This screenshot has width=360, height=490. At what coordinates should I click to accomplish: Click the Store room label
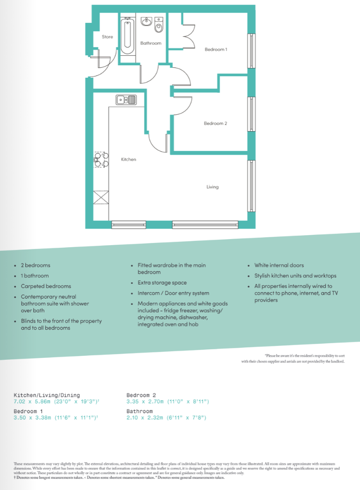coord(107,37)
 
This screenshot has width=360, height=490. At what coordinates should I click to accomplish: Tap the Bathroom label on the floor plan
coord(151,43)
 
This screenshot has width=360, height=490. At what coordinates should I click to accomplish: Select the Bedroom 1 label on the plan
coord(216,50)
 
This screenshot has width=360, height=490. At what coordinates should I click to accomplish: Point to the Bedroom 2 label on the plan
coord(216,124)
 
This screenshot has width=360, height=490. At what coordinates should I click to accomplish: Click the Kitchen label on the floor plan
coord(128,159)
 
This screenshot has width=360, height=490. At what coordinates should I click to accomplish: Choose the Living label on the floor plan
coord(212,187)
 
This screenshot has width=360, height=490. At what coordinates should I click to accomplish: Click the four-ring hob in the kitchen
coord(100,160)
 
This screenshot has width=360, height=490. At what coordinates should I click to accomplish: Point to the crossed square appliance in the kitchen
coord(101,197)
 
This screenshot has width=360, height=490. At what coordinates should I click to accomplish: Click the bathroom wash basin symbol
coord(147,22)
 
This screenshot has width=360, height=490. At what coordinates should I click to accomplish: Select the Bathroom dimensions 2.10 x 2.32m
coord(166,417)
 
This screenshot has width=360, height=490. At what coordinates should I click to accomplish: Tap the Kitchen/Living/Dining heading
coord(47,395)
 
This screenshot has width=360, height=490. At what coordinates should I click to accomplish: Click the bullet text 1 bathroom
coord(35,276)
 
